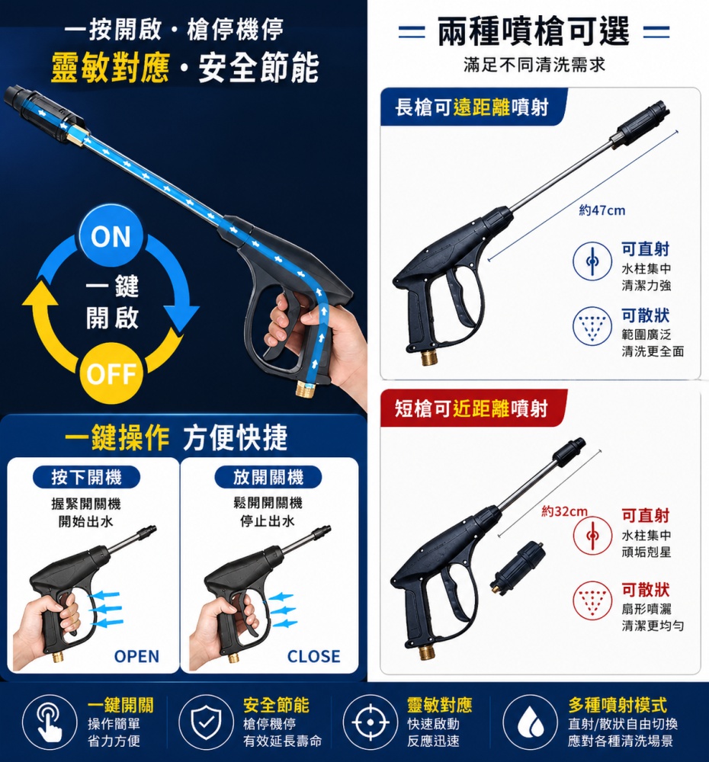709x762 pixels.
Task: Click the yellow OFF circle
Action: [111, 373]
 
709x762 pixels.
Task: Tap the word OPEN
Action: [136, 656]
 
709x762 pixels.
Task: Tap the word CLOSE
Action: [313, 656]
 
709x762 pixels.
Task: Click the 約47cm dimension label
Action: [602, 210]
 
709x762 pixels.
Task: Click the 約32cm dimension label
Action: [565, 511]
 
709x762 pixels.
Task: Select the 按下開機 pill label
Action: [87, 477]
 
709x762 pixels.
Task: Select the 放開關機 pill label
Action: [268, 477]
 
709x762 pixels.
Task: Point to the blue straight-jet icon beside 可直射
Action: [592, 261]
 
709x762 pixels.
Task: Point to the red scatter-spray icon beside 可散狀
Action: [592, 600]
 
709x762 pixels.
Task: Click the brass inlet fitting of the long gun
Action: [428, 357]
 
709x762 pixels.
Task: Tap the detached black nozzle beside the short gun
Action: [518, 565]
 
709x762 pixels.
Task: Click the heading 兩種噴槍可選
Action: [534, 31]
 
